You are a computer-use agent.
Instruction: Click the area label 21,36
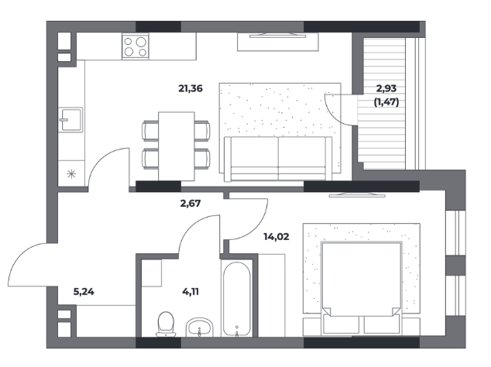point(191,88)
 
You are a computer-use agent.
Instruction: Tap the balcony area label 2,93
point(386,88)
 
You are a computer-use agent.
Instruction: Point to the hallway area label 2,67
point(191,204)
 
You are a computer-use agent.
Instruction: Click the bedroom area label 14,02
point(276,237)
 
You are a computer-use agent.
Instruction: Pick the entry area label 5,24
point(84,292)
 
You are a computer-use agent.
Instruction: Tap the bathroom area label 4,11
point(191,292)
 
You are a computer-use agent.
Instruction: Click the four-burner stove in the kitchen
point(136,46)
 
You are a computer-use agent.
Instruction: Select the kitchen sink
point(71,119)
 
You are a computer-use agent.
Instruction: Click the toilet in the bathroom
point(166,324)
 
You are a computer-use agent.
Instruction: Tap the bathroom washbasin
point(200,328)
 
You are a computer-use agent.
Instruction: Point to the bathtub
point(237,299)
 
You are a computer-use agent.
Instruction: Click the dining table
point(177,146)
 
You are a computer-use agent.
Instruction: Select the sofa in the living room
point(278,159)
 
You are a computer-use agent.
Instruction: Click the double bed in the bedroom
point(362,287)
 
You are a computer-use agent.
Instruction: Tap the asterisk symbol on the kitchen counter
point(71,173)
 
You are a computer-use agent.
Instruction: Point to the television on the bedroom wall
point(357,194)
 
